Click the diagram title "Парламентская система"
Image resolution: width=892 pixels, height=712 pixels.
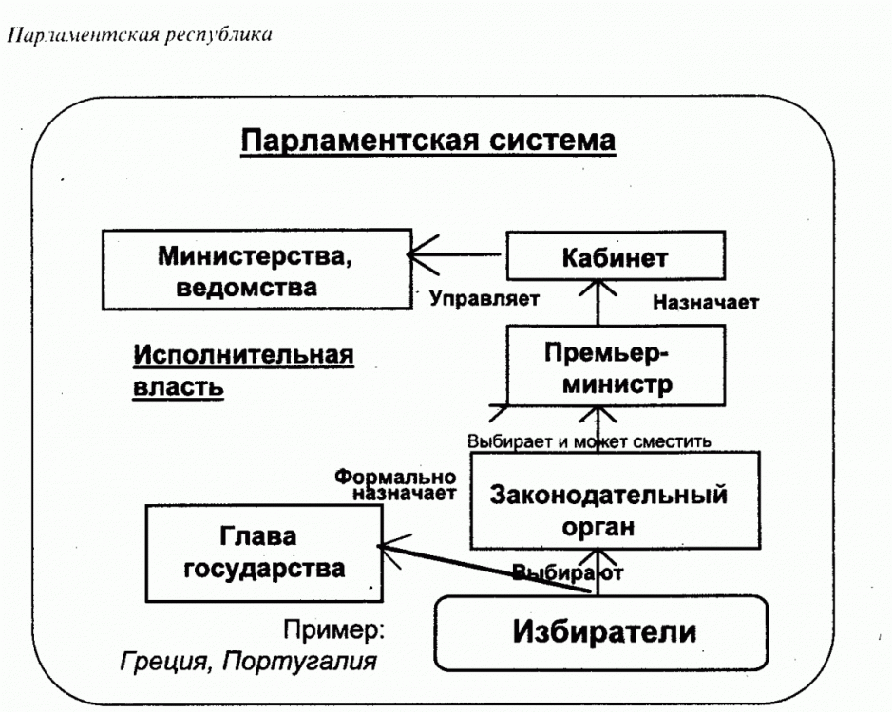(x=428, y=141)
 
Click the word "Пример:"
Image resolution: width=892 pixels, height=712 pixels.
(x=333, y=628)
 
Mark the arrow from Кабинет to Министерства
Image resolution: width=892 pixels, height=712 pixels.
(x=456, y=255)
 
